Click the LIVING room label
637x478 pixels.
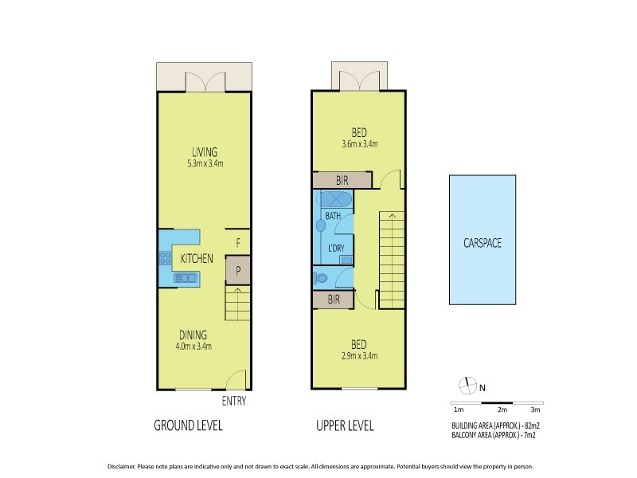click(204, 152)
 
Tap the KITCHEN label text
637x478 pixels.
click(196, 259)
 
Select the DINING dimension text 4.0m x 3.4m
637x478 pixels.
click(193, 346)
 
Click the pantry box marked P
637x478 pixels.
click(238, 270)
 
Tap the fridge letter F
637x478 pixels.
click(238, 243)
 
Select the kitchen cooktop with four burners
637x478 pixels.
click(166, 257)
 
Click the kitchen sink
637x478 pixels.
click(186, 277)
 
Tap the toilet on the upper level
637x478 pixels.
click(322, 278)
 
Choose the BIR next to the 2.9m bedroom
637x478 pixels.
click(334, 300)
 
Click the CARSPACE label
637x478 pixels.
click(483, 243)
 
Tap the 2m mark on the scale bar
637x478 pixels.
click(502, 409)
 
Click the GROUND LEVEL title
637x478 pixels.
click(188, 425)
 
